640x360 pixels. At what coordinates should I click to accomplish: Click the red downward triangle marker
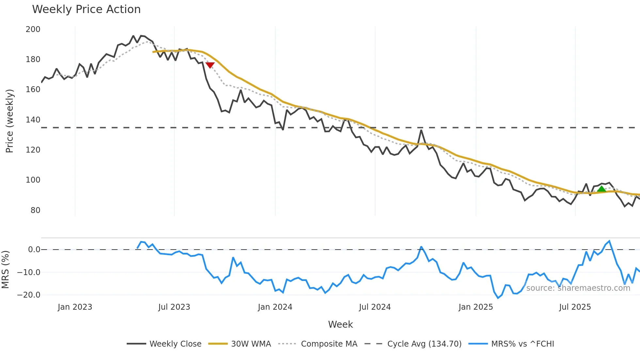[210, 65]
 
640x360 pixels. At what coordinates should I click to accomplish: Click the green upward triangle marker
[601, 189]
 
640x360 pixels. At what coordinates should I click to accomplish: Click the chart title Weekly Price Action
[86, 9]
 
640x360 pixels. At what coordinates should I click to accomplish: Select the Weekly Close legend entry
[175, 344]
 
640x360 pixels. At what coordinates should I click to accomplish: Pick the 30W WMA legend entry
[251, 344]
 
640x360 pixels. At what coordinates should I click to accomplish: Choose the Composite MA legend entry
[329, 344]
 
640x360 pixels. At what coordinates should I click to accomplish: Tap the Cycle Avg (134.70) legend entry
[424, 344]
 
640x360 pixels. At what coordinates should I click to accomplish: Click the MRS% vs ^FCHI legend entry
[522, 344]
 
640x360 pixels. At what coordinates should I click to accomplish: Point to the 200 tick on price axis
[33, 29]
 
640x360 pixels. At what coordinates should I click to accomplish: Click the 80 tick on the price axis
[35, 210]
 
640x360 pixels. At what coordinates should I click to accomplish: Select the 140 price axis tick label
[33, 120]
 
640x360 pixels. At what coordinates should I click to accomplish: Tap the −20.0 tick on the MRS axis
[29, 295]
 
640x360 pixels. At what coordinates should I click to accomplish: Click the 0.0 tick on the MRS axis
[34, 250]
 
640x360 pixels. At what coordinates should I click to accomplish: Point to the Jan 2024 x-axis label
[275, 307]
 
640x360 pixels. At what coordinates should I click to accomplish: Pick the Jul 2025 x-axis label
[575, 307]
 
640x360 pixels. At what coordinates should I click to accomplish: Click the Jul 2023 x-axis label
[174, 307]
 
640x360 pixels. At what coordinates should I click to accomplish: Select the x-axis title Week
[340, 324]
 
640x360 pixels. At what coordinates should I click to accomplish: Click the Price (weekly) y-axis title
[10, 121]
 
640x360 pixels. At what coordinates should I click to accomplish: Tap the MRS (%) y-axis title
[6, 270]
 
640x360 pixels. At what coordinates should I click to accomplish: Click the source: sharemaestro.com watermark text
[578, 288]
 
